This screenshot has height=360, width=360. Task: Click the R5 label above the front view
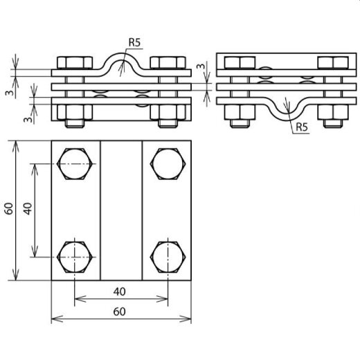(x=134, y=43)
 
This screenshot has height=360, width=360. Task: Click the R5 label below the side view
(x=301, y=127)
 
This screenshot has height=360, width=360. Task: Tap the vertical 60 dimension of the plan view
(x=9, y=210)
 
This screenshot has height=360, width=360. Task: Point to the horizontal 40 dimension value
(x=121, y=292)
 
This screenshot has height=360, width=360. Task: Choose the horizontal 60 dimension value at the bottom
(x=121, y=312)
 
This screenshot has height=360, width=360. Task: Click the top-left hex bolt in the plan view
(x=74, y=166)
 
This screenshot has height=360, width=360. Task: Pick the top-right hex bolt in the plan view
(x=167, y=166)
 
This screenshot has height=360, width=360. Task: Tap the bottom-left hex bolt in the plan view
(x=74, y=255)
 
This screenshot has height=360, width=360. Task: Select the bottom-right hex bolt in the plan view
(x=167, y=255)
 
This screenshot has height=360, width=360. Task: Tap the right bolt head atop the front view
(x=168, y=63)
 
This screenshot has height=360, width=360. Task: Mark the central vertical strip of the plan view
(x=121, y=210)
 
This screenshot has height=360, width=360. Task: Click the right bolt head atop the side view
(x=332, y=63)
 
